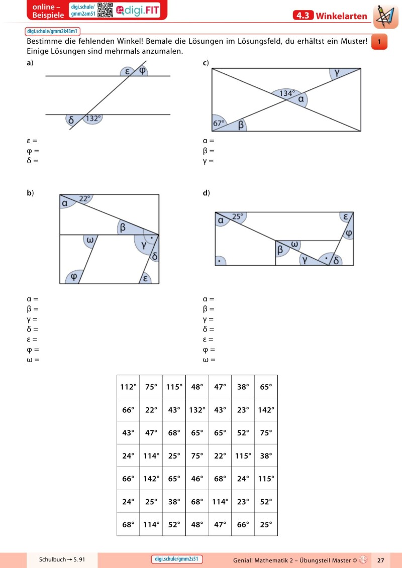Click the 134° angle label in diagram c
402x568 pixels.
coord(286,93)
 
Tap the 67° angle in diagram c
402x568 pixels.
coord(219,123)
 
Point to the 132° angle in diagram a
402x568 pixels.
coord(93,119)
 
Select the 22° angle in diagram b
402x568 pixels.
coord(84,198)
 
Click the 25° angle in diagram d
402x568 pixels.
coord(237,216)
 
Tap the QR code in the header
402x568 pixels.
coord(105,10)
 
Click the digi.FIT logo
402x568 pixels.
coord(137,10)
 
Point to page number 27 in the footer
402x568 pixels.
coord(380,559)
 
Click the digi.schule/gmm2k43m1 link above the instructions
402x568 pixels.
coord(52,31)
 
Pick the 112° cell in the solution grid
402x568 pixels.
coord(128,387)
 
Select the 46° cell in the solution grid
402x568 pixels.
coord(197,479)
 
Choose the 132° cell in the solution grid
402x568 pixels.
coord(197,410)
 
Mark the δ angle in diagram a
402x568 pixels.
coord(71,120)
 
